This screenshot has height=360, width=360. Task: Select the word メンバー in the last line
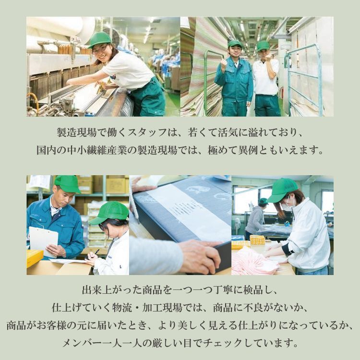click(x=83, y=343)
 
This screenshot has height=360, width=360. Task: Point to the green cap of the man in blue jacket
click(x=67, y=183)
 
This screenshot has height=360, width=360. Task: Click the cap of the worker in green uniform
click(x=235, y=44)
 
